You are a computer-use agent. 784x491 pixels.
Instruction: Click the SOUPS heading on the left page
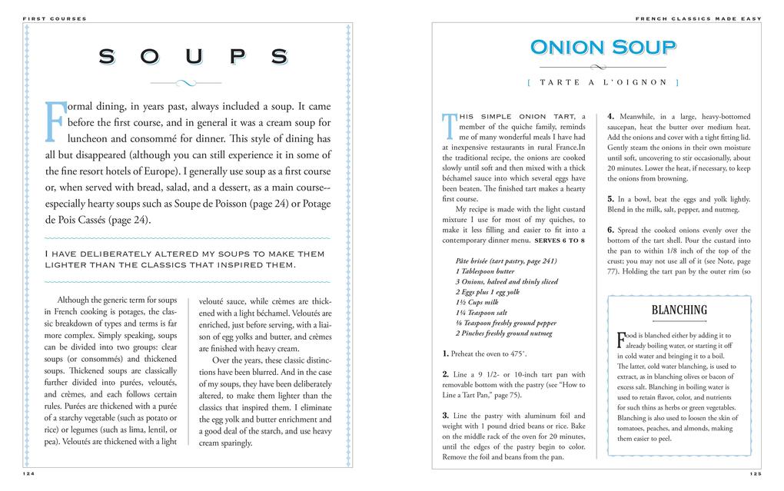coord(194,57)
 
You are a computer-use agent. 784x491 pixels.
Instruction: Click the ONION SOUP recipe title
coord(603,48)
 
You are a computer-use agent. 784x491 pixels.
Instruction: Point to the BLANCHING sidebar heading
coord(679,310)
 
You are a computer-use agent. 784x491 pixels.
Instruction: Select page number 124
coord(28,474)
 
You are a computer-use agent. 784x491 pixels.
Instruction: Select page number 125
coord(755,474)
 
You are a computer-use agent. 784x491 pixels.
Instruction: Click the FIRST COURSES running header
coord(55,18)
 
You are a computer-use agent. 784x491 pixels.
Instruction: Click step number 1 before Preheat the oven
coord(446,354)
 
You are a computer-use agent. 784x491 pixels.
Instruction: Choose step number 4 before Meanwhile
coord(610,116)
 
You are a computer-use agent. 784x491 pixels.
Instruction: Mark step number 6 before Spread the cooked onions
coord(610,230)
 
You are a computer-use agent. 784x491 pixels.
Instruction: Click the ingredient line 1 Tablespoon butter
coord(485,271)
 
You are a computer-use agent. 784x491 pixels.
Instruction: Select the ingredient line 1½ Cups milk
coord(477,302)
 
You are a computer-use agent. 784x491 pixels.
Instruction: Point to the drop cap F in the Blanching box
coord(621,339)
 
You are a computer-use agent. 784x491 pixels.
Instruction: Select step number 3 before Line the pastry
coord(446,416)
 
